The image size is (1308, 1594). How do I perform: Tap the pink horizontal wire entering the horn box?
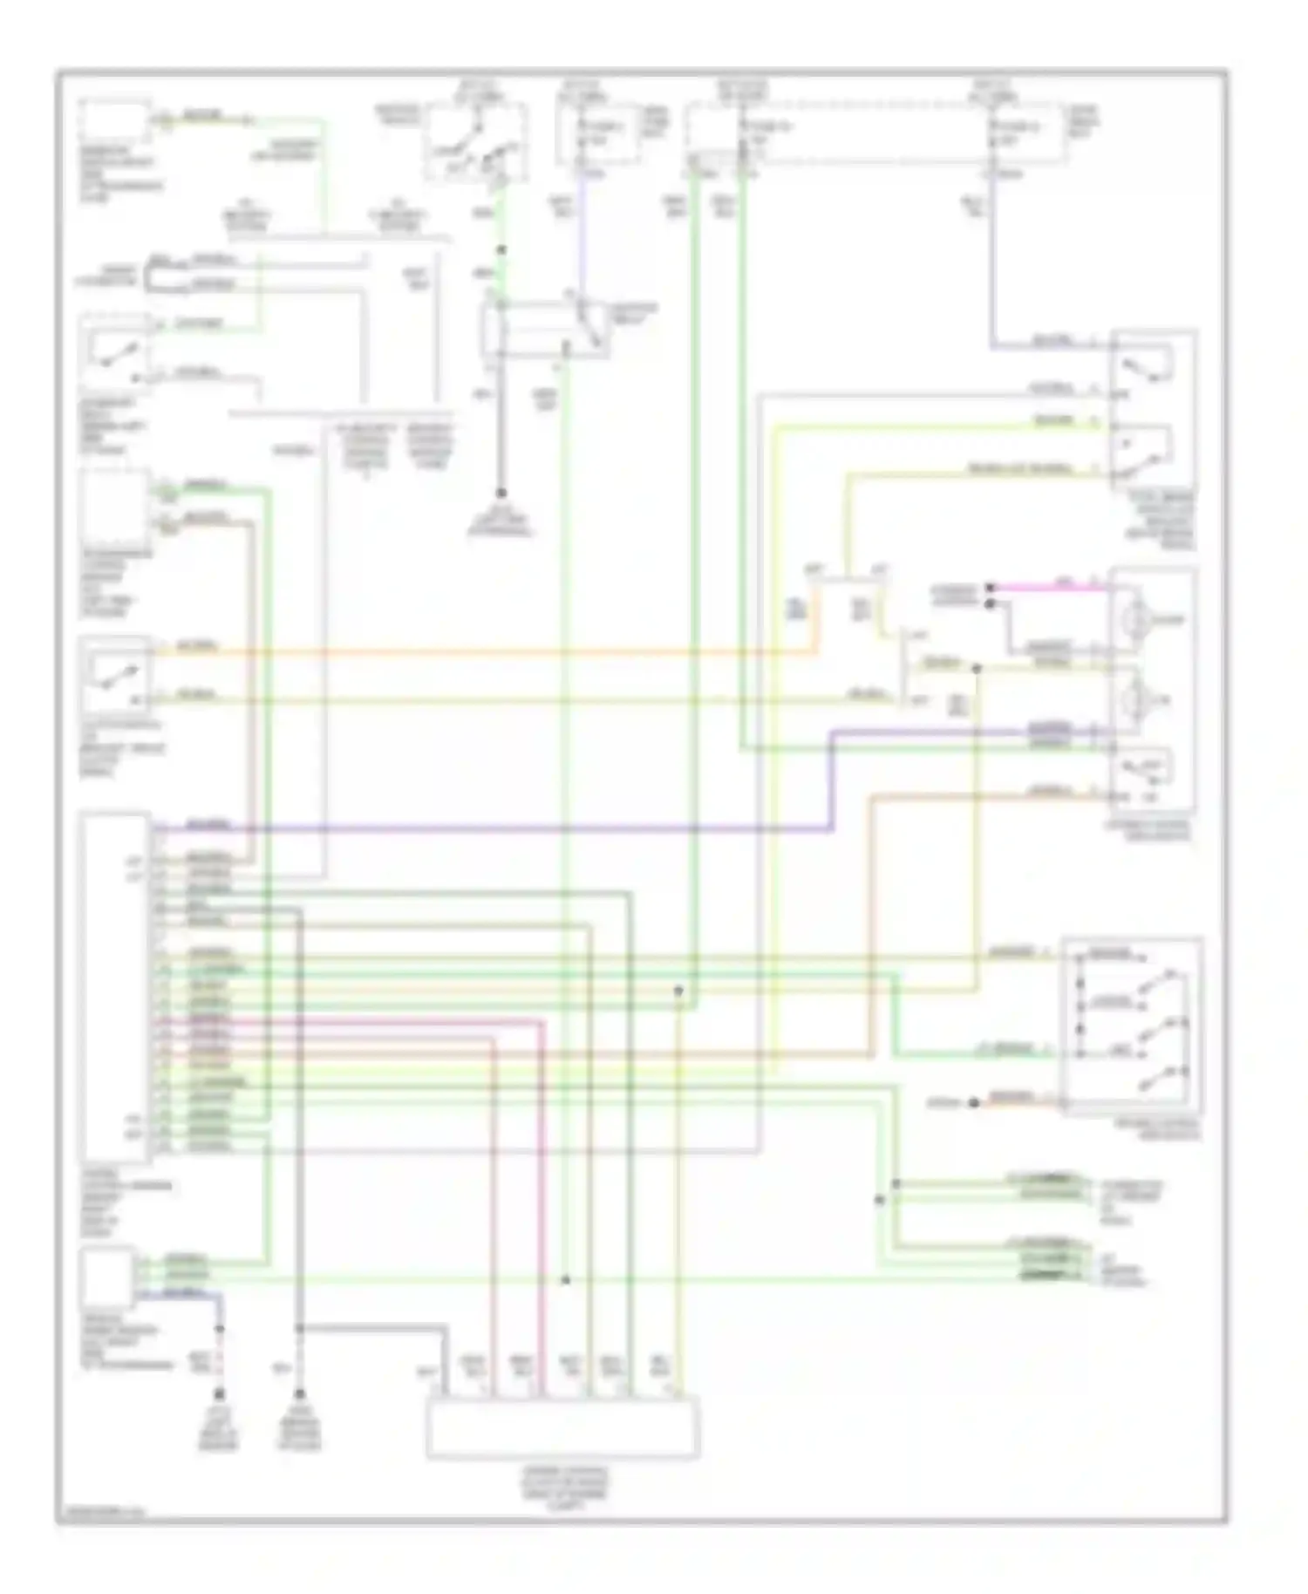(x=1046, y=588)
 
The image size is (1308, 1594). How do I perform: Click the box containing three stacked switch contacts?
(x=1132, y=1025)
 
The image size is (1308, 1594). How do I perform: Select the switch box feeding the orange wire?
(x=113, y=676)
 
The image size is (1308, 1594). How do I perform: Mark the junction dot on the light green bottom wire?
(x=565, y=1280)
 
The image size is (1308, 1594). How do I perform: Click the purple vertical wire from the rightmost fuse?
(x=992, y=262)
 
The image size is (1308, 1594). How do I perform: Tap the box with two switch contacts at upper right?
(x=1151, y=410)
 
